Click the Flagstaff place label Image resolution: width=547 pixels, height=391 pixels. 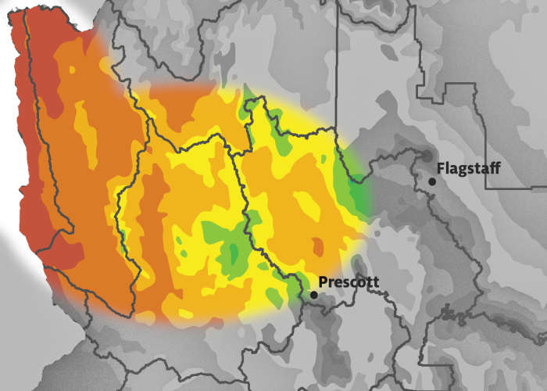point(468,168)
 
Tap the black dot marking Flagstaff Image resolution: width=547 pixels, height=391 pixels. point(432,181)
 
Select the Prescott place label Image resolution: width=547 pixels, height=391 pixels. point(349,282)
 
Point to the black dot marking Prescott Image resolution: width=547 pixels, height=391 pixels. point(313,295)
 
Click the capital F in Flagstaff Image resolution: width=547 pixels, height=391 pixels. point(442,168)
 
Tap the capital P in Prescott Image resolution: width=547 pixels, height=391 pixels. point(324,282)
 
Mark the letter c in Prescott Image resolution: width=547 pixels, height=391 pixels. point(354,283)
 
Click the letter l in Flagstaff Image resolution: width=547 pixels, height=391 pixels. point(448,167)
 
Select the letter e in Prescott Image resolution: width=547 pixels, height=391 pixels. point(338,283)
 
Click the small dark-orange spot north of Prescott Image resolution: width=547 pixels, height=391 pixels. point(317,247)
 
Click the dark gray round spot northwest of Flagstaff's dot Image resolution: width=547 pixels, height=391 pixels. point(425,156)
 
